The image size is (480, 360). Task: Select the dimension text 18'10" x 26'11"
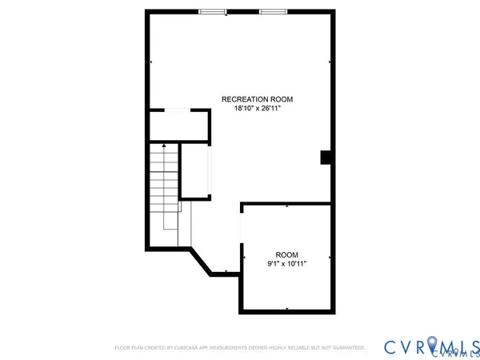[x=257, y=109]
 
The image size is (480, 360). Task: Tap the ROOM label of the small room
[x=286, y=254]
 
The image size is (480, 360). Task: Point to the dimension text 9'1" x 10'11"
[x=286, y=263]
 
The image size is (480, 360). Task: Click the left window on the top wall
[x=212, y=11]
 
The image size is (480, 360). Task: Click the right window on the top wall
[x=272, y=11]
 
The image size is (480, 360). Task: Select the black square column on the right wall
[x=326, y=158]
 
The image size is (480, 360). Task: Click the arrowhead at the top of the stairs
[x=164, y=146]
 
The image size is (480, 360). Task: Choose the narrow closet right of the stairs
[x=195, y=170]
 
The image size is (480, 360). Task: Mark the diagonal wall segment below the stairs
[x=200, y=262]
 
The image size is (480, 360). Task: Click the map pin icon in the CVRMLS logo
[x=432, y=345]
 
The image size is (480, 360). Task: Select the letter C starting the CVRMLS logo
[x=391, y=346]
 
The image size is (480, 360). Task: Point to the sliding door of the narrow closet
[x=211, y=170]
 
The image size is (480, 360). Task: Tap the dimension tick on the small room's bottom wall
[x=286, y=311]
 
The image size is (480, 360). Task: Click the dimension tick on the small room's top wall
[x=286, y=205]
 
